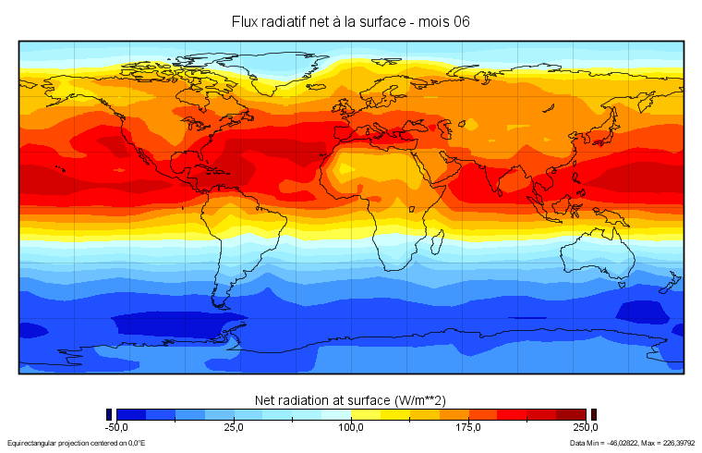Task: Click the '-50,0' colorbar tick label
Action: click(x=116, y=428)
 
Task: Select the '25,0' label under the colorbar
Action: click(x=234, y=428)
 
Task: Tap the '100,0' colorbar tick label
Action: click(x=351, y=428)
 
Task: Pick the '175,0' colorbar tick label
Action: click(x=468, y=428)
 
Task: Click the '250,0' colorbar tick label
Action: click(x=586, y=428)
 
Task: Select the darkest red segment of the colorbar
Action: click(x=571, y=414)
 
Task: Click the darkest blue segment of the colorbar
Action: click(x=131, y=414)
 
